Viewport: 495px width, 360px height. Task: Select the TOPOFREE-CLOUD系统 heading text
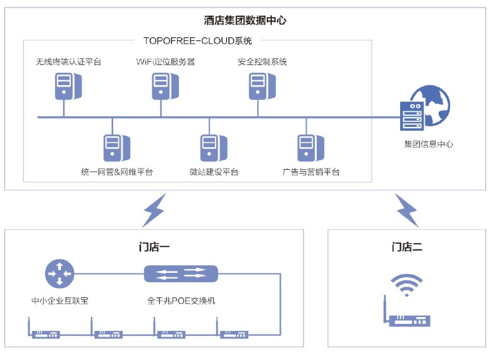point(197,41)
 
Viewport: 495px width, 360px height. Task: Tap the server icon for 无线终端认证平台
point(64,86)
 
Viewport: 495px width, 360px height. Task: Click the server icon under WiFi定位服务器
point(161,86)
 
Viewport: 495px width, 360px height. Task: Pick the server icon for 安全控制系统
point(257,86)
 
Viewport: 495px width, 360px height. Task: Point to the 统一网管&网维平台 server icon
point(113,148)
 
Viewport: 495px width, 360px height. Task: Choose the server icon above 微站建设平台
point(209,148)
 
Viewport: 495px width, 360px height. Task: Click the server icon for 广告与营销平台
point(306,148)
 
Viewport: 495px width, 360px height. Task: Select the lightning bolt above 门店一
point(154,210)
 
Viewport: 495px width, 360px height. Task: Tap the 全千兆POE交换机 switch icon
point(181,273)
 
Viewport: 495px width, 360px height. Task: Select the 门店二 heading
point(406,247)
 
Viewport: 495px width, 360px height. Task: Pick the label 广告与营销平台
point(311,172)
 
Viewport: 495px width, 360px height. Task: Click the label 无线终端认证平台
point(68,62)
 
